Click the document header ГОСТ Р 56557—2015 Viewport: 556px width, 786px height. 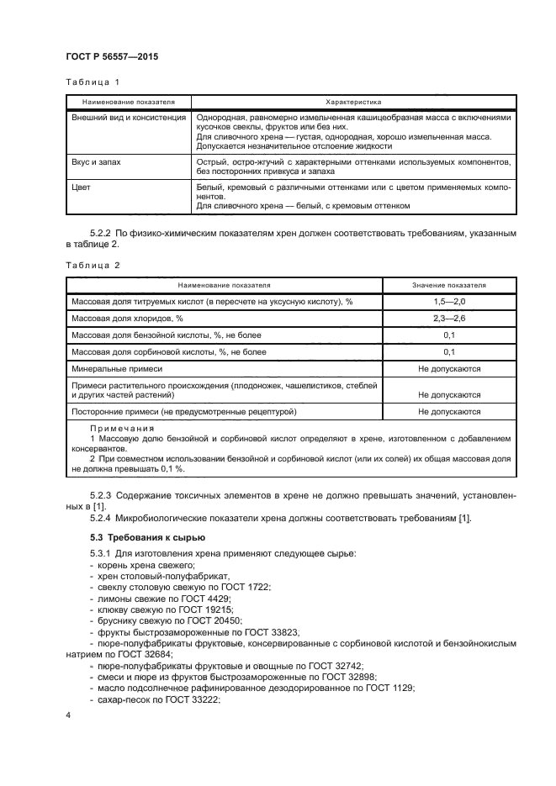tap(111, 57)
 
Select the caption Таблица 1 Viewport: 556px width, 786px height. tap(93, 82)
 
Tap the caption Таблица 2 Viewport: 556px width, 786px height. tap(93, 265)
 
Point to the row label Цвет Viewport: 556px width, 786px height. tap(82, 187)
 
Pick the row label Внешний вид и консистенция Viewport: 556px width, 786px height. tap(129, 118)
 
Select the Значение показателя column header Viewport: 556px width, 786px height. tap(449, 285)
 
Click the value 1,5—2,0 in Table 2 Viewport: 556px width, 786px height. tap(449, 301)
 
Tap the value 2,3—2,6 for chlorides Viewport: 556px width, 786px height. tap(449, 319)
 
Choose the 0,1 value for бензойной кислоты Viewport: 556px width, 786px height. tap(449, 335)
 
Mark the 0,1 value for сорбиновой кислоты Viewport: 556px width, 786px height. tap(449, 352)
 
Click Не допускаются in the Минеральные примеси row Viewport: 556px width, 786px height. tap(449, 369)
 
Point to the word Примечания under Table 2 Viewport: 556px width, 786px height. tap(117, 428)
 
